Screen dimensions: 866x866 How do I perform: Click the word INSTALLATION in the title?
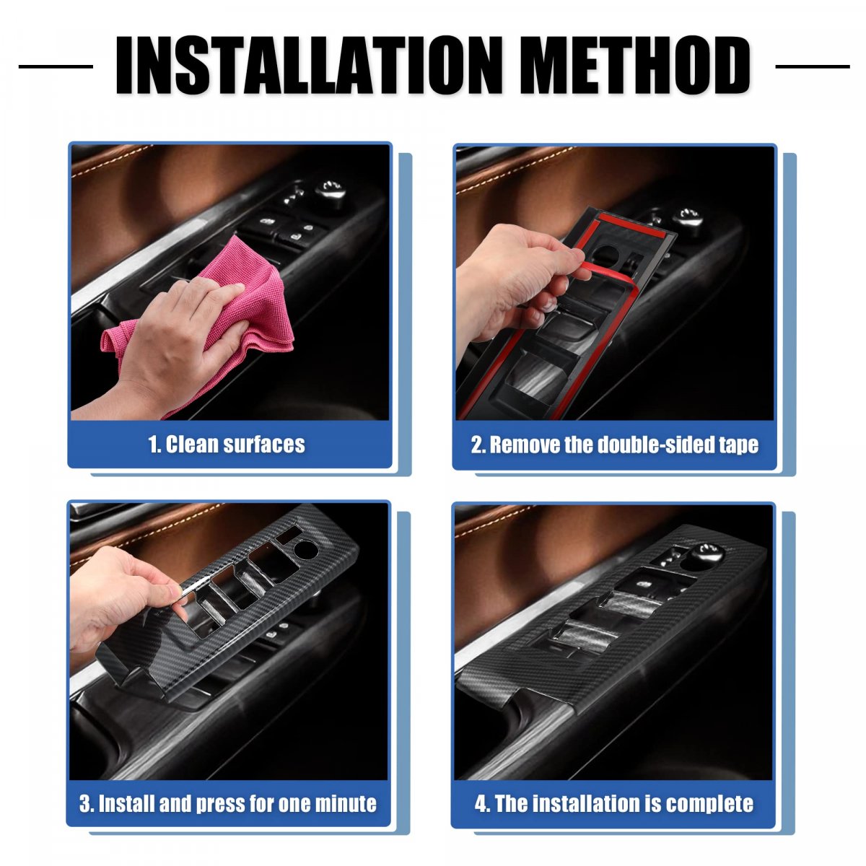pyautogui.click(x=309, y=65)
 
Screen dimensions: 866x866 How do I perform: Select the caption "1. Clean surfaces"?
pyautogui.click(x=227, y=445)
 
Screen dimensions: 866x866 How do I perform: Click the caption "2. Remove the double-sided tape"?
pyautogui.click(x=614, y=445)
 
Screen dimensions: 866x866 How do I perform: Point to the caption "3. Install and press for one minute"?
pyautogui.click(x=228, y=804)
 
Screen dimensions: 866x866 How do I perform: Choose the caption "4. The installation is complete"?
pyautogui.click(x=614, y=804)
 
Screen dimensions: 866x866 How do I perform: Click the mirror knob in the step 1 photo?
pyautogui.click(x=331, y=193)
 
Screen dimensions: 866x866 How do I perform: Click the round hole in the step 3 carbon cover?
pyautogui.click(x=305, y=549)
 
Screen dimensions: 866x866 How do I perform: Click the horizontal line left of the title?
pyautogui.click(x=56, y=66)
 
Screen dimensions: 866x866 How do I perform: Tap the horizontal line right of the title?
pyautogui.click(x=813, y=66)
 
